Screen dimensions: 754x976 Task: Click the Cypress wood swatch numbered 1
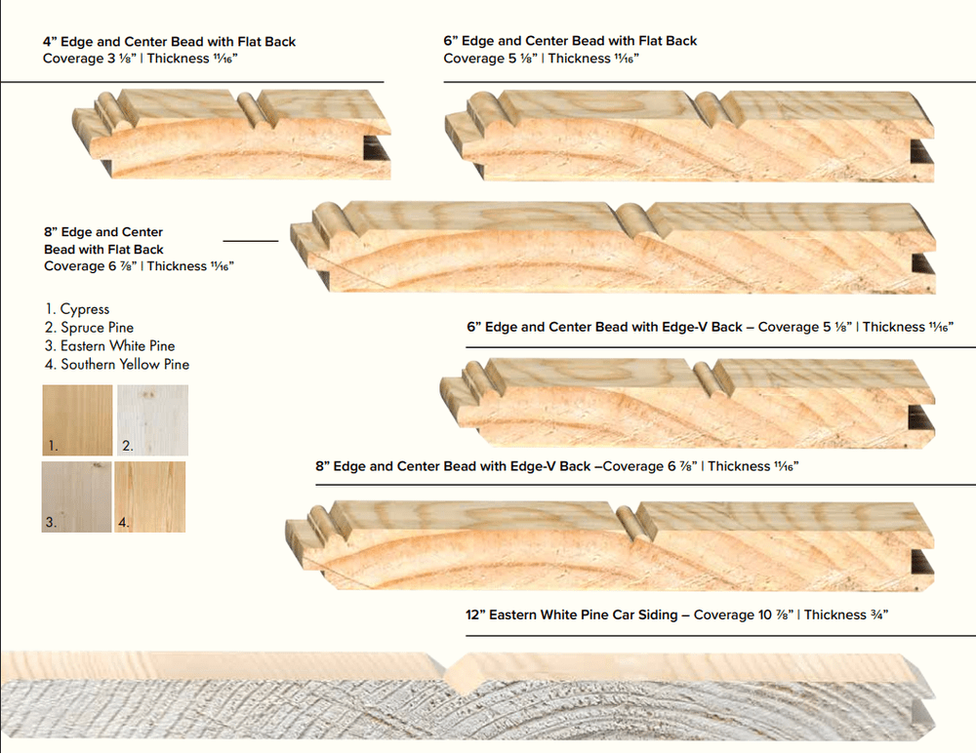coord(77,419)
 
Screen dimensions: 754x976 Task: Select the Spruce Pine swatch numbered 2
coord(152,419)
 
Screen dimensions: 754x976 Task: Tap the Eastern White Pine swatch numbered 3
coord(77,496)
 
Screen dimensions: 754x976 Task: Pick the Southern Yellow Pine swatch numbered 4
coord(150,496)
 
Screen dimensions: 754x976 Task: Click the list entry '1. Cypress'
coord(77,309)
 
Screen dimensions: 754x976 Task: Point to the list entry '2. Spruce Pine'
coord(89,328)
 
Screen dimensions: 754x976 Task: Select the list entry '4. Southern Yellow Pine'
coord(117,365)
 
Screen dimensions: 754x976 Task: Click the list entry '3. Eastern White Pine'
coord(109,346)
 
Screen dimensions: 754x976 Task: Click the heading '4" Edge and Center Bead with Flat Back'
coord(169,42)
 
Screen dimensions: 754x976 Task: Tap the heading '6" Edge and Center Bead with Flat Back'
coord(570,41)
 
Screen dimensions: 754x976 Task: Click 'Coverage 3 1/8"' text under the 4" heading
coord(84,59)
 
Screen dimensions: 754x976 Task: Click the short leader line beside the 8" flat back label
coord(251,239)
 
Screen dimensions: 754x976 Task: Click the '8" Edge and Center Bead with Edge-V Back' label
coord(453,466)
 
